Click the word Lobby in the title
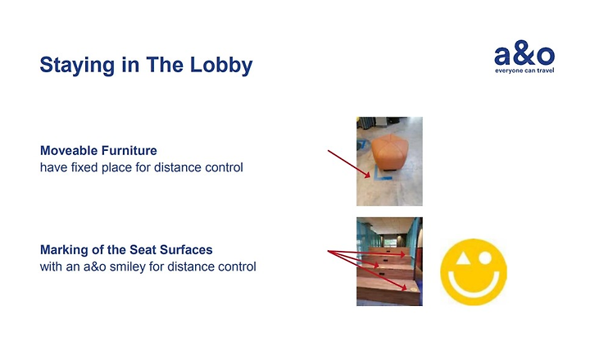coord(221,66)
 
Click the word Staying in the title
coord(77,66)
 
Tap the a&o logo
coord(524,57)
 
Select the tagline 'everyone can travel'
coord(524,71)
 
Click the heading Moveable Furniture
coord(98,151)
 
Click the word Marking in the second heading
coord(61,250)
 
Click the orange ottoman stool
coord(390,153)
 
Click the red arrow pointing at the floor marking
coord(349,164)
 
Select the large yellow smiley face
coord(474,272)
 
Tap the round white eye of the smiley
coord(485,258)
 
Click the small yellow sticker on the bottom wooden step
coord(414,289)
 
